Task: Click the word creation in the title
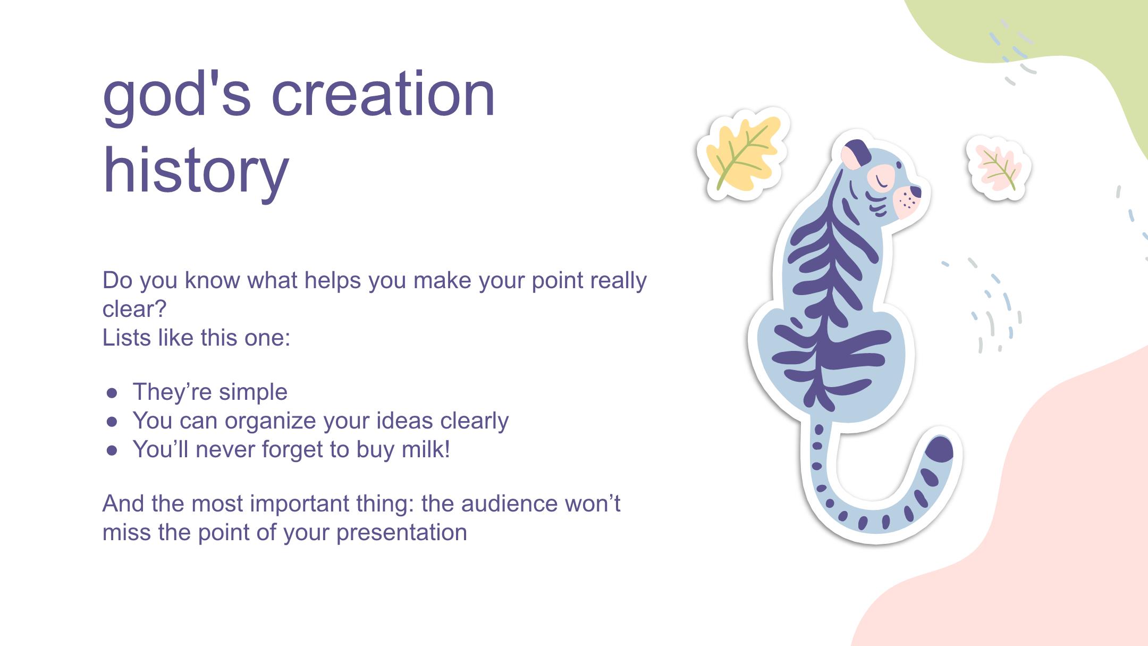(x=383, y=94)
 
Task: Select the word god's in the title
(x=176, y=96)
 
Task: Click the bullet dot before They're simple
(x=112, y=393)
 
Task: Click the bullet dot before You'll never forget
(x=112, y=450)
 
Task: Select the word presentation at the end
(x=402, y=533)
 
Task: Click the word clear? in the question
(x=134, y=308)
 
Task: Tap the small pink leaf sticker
(x=998, y=167)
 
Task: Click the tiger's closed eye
(x=882, y=181)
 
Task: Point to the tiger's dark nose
(x=915, y=191)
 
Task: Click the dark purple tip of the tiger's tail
(x=939, y=449)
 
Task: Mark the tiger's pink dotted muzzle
(x=906, y=202)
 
